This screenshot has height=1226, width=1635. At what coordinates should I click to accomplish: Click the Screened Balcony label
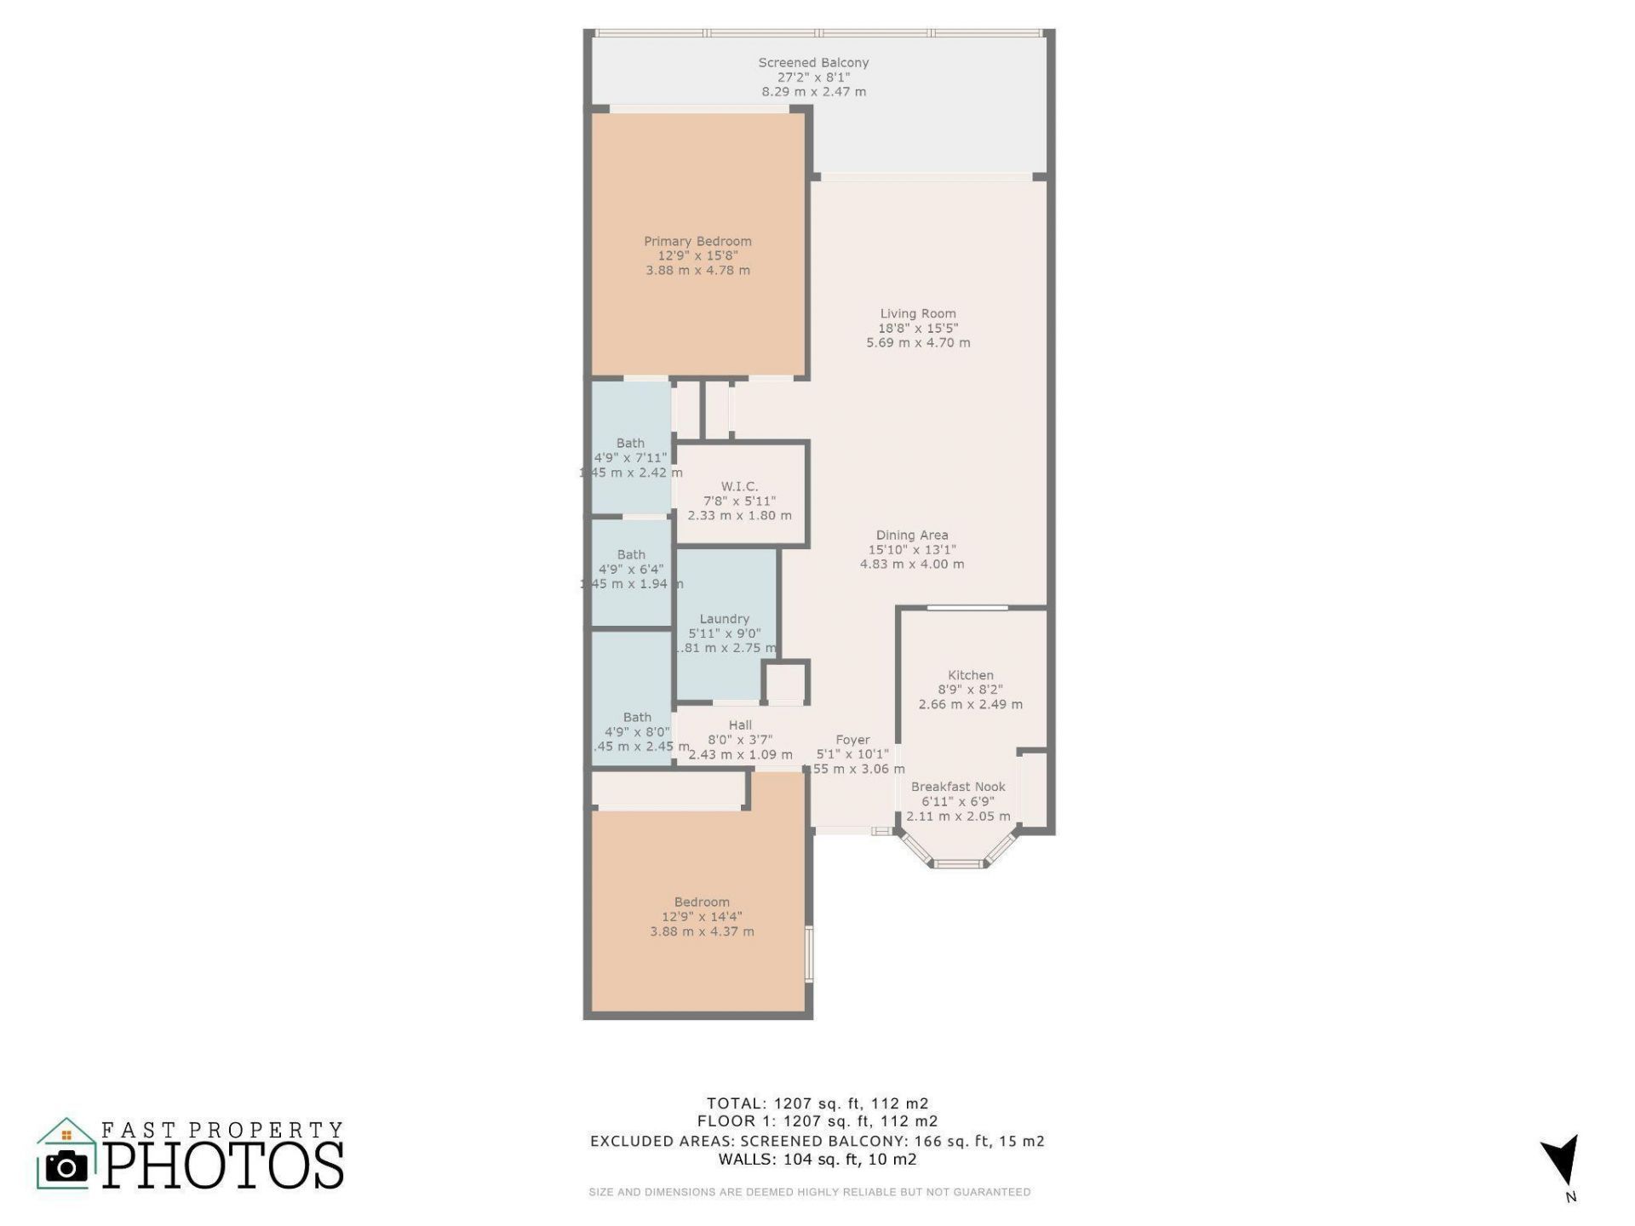coord(813,62)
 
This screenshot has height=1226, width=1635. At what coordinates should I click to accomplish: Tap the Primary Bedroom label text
coord(697,241)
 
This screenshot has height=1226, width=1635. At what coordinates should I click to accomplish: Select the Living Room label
coord(918,313)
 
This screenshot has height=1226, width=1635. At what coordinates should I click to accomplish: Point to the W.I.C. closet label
coord(739,486)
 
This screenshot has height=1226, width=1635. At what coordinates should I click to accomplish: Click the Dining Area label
coord(912,535)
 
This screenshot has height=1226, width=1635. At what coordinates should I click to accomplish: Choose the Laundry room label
coord(725,619)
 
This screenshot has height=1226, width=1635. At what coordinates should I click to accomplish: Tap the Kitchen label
coord(971,675)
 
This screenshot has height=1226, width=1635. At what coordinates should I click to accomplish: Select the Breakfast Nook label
coord(958,787)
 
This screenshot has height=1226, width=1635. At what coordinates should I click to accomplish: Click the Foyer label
coord(852,740)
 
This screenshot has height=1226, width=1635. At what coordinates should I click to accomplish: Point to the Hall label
coord(740,725)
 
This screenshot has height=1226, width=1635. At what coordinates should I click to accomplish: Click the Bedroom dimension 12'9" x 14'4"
coord(702,917)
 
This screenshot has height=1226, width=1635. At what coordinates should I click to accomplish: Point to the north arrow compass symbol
coord(1562,1162)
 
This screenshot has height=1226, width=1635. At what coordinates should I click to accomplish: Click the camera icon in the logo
coord(66,1166)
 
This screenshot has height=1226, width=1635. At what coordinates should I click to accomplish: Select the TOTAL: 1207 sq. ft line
coord(817,1103)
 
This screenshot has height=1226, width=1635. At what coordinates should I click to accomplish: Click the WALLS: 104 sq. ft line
coord(817,1160)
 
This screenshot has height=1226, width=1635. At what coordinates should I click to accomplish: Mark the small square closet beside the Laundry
coord(784,682)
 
